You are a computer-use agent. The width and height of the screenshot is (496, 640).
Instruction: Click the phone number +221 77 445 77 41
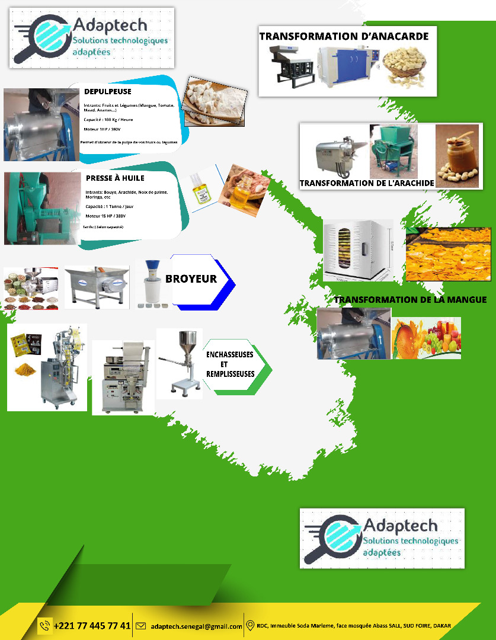pos(92,626)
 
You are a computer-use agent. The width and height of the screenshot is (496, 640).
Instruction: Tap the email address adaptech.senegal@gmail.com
pos(196,626)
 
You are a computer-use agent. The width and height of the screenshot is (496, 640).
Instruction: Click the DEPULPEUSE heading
pos(108,92)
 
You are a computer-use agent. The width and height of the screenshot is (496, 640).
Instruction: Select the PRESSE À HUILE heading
pos(115,178)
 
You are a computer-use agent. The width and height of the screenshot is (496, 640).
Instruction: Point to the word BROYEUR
pos(191,279)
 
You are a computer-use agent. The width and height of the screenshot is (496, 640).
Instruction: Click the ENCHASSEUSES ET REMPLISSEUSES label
pos(229,364)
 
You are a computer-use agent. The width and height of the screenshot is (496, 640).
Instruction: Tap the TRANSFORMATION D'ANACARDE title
pos(344,36)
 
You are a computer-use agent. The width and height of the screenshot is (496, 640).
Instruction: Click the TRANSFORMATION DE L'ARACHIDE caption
pos(367,183)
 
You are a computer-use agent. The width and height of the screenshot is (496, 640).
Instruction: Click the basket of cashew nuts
pos(407,66)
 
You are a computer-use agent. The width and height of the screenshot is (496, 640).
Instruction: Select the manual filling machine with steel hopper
pos(180,362)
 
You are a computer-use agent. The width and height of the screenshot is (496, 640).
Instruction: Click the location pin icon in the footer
pos(250,626)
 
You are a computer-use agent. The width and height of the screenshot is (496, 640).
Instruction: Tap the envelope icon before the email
pos(141,626)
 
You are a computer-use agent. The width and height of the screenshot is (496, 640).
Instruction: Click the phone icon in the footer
pos(45,626)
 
